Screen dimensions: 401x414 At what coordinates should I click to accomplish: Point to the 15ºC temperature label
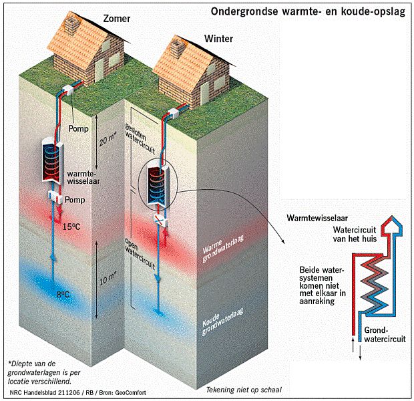73,227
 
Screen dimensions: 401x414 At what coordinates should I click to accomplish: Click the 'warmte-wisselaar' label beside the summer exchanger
80,178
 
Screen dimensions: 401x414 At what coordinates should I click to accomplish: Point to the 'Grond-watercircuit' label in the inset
383,334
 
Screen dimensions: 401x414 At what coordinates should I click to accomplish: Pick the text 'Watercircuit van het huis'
352,234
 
